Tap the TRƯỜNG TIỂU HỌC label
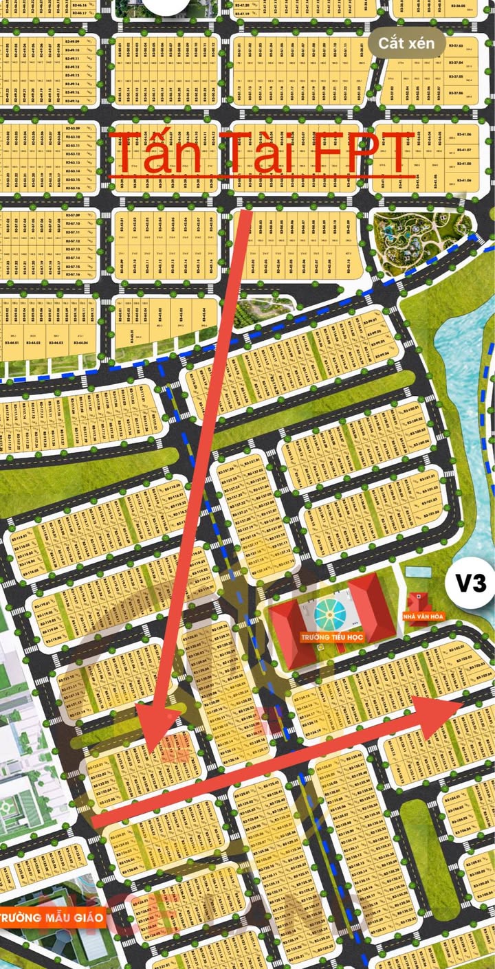click(332, 638)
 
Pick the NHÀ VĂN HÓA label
click(429, 616)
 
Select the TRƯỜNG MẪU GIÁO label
click(52, 917)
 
